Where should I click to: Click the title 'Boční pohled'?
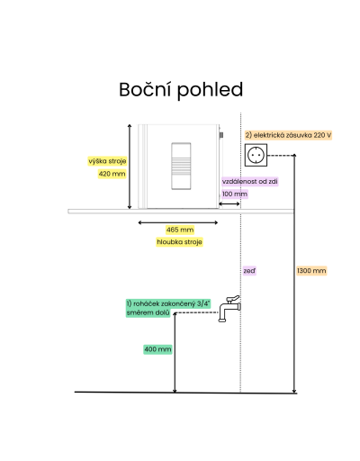[x=181, y=90]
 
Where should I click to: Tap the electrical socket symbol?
[x=256, y=155]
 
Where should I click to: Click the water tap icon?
[x=229, y=309]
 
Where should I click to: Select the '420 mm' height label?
[x=112, y=174]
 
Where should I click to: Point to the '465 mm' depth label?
[x=180, y=230]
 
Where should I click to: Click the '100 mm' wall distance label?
[x=235, y=194]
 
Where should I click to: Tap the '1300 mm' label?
[x=311, y=271]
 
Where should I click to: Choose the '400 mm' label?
[x=157, y=349]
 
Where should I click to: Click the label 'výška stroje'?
[x=107, y=161]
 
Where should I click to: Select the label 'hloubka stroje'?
[x=179, y=242]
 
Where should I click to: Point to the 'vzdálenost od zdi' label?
[x=250, y=182]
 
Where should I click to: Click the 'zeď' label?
[x=249, y=271]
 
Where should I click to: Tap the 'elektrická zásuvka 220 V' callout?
[x=288, y=135]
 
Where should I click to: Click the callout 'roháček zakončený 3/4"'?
[x=168, y=303]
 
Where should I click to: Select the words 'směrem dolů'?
[x=148, y=312]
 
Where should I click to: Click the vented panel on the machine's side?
[x=181, y=166]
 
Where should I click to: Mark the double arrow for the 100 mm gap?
[x=229, y=204]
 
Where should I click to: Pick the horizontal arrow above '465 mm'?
[x=178, y=222]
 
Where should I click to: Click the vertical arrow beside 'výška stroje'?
[x=130, y=167]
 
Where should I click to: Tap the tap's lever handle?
[x=233, y=299]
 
